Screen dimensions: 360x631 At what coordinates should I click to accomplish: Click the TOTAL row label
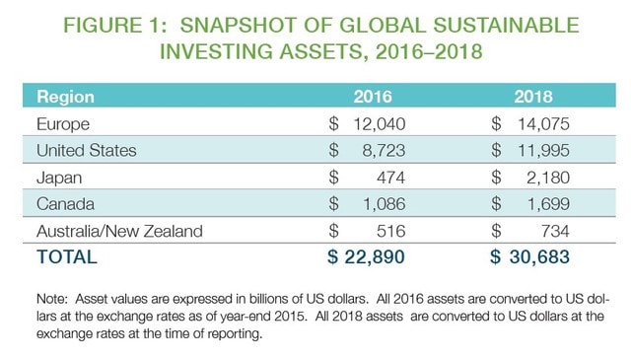point(66,257)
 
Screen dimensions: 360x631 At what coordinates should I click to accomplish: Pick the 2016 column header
point(373,98)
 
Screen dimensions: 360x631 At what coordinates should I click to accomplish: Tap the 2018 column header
point(533,98)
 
